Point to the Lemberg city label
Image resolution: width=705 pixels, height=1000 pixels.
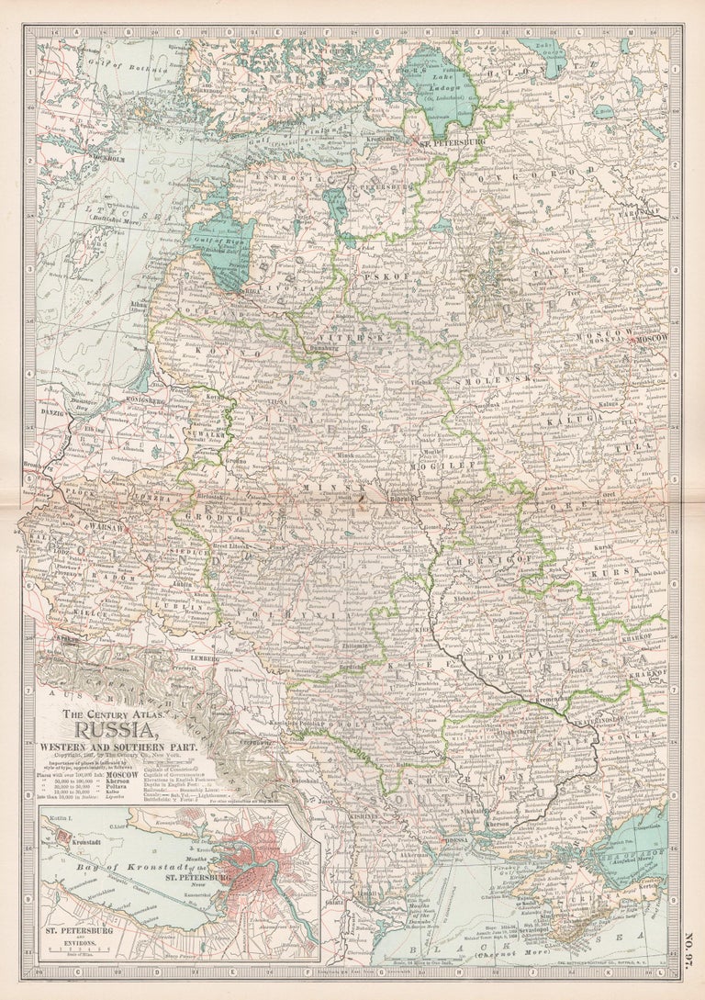(204, 658)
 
